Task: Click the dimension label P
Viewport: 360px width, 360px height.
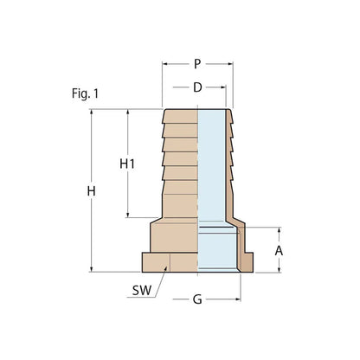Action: click(197, 64)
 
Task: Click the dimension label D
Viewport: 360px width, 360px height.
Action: click(197, 87)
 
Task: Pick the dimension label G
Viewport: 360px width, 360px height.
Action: click(197, 301)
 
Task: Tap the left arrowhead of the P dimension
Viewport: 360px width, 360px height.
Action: click(165, 64)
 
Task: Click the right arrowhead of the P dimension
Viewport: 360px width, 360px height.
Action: click(230, 64)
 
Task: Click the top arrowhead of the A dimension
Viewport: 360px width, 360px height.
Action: click(279, 231)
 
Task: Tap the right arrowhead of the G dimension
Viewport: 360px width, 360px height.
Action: click(236, 301)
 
